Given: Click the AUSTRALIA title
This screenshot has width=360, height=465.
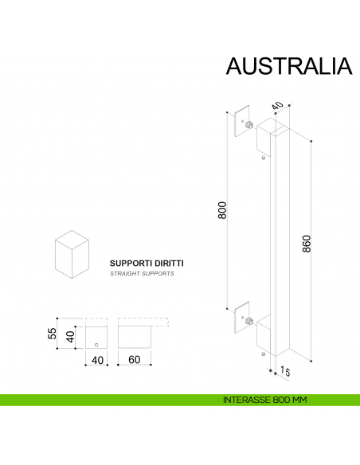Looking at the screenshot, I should click(x=288, y=65).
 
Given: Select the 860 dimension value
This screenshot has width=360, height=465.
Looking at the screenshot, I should click(x=307, y=244).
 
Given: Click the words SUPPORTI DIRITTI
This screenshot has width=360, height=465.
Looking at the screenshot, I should click(x=147, y=261).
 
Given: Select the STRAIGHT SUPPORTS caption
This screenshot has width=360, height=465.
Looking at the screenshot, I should click(x=142, y=273).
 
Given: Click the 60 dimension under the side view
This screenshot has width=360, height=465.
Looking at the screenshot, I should click(x=134, y=360).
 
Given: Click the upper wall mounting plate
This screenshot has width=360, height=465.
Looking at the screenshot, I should click(x=241, y=122).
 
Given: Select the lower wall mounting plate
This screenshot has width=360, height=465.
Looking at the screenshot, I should click(x=241, y=317).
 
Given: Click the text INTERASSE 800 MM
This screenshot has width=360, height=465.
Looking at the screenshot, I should click(x=266, y=400).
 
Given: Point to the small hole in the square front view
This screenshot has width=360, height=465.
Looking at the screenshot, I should click(x=96, y=345).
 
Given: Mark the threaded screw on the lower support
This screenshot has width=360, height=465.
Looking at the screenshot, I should click(x=250, y=321).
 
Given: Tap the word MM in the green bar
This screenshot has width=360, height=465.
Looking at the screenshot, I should click(x=299, y=400).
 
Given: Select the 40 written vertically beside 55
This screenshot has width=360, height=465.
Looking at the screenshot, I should click(x=70, y=338).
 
